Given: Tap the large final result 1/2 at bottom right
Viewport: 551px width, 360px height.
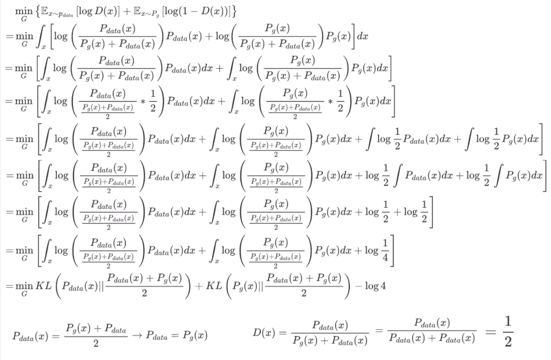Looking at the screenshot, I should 506,331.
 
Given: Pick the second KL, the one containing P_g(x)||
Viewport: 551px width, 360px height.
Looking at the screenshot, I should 219,286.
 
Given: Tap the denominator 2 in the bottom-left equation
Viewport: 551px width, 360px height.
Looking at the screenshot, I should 96,344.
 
